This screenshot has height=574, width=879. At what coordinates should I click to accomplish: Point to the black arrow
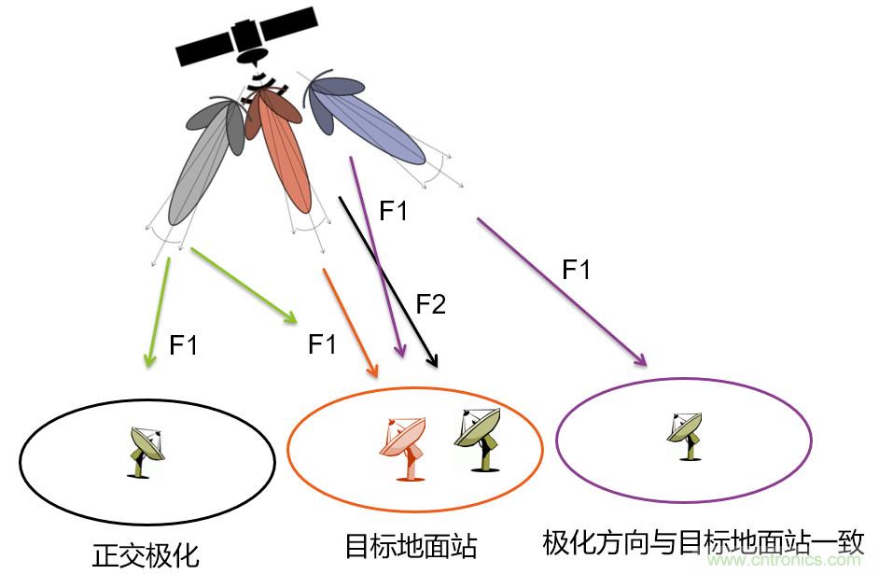click(387, 280)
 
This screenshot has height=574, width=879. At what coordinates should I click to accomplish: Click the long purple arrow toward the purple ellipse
click(560, 290)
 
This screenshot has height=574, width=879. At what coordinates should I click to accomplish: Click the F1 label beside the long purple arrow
click(577, 270)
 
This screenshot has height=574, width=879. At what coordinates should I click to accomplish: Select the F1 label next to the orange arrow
click(322, 344)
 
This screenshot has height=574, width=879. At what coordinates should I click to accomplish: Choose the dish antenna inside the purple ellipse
click(686, 435)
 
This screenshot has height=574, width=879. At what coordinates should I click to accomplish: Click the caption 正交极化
click(146, 555)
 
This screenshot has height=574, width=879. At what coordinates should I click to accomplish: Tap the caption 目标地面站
click(412, 545)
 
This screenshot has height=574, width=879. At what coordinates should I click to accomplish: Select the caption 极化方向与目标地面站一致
click(704, 541)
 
